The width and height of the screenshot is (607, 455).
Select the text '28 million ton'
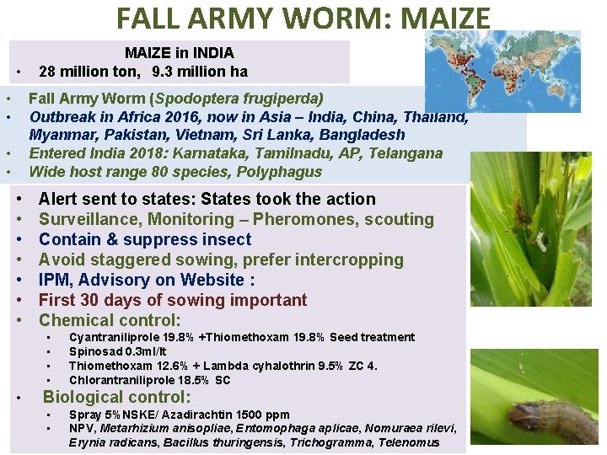tap(89, 71)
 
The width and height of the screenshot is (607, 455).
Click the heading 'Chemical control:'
tap(110, 320)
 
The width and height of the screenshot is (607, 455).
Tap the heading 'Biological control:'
tap(117, 398)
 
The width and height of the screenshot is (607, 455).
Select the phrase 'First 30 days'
tap(99, 300)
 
